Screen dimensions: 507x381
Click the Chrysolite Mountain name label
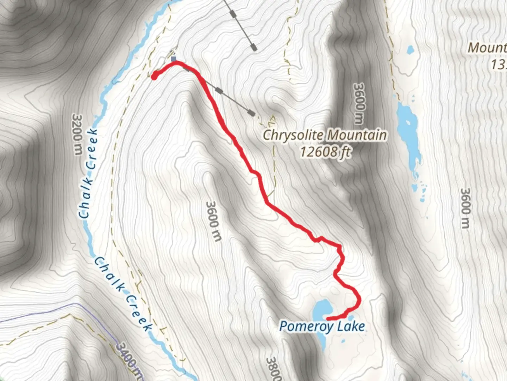tap(325, 135)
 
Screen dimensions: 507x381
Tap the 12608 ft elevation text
tap(325, 152)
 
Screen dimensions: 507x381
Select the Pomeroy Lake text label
tap(322, 326)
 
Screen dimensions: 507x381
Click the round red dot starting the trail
tap(154, 76)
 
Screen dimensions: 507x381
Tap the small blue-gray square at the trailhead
tap(174, 59)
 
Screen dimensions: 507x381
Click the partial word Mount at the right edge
tap(487, 48)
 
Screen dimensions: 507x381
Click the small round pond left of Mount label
tap(410, 50)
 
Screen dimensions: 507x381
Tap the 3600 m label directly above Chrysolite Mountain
tap(359, 104)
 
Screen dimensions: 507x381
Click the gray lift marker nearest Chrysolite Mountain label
tap(251, 113)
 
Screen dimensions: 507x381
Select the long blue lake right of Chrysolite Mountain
tap(408, 138)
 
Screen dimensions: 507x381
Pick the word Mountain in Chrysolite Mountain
tap(356, 135)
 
